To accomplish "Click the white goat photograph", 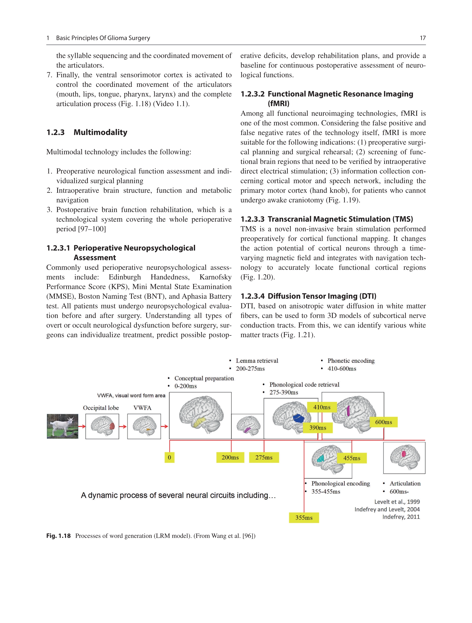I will point(62,426).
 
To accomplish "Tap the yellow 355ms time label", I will point(304,518).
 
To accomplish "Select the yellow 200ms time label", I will point(230,457).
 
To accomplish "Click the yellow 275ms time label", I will point(264,457).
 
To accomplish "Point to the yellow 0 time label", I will point(169,457).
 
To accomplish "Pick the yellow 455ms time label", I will point(352,458).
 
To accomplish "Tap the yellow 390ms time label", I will point(318,428).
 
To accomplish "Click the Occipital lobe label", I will point(101,408).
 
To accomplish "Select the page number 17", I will point(422,38).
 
